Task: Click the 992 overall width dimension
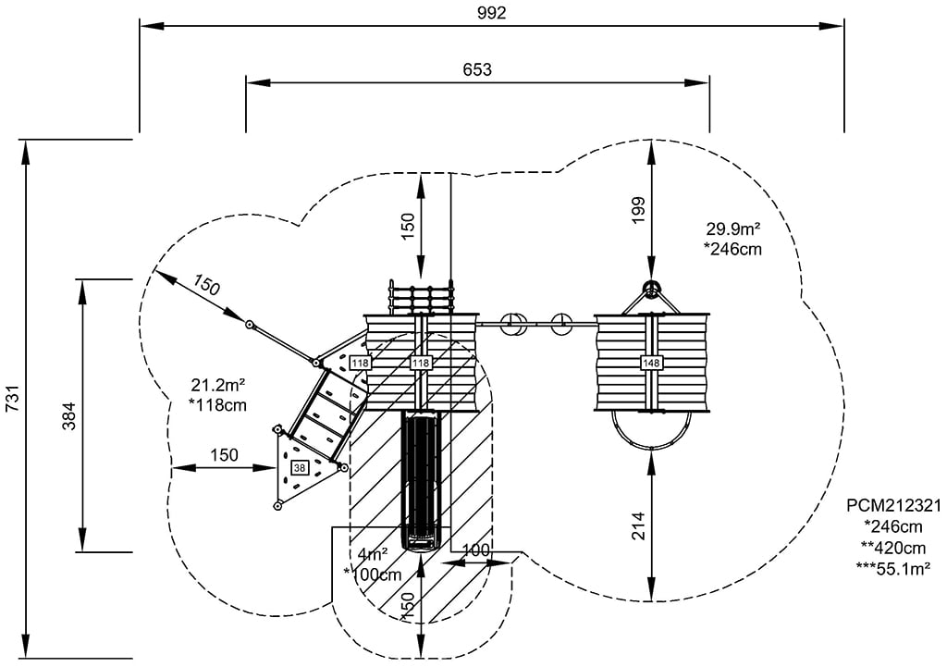(492, 12)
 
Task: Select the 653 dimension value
(478, 69)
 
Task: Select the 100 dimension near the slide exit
(475, 550)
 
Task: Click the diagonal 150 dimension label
(207, 288)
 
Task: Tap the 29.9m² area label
(733, 229)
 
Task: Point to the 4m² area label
(374, 555)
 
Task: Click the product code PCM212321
(892, 506)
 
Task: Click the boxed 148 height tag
(651, 363)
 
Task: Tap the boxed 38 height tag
(300, 468)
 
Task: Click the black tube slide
(423, 476)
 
